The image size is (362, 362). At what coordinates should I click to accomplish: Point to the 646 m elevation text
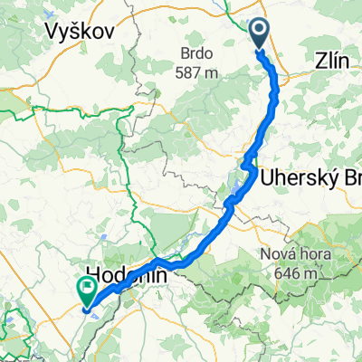coord(297,271)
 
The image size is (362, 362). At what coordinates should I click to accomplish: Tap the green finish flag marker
coord(88,291)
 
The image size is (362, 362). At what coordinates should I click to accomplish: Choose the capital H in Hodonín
coord(93,273)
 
